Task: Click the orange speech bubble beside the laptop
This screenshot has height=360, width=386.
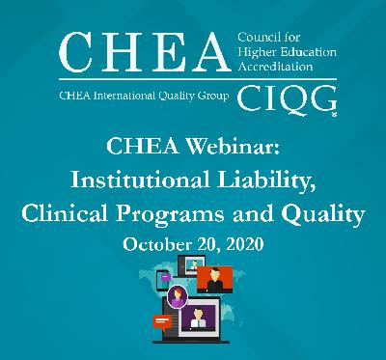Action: [160, 320]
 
